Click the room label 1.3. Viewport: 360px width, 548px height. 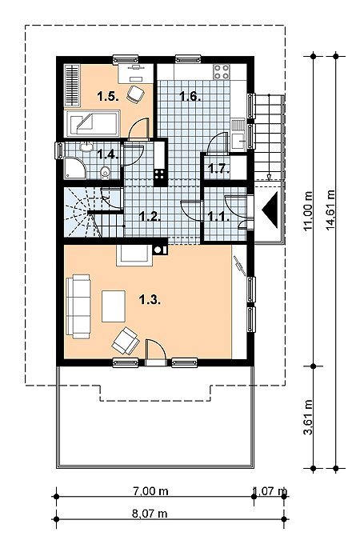[150, 300]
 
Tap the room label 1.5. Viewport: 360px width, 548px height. [108, 96]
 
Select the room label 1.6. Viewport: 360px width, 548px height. [190, 96]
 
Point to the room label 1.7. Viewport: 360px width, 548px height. [218, 169]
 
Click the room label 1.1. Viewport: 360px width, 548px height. [218, 216]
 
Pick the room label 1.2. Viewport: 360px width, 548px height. [150, 216]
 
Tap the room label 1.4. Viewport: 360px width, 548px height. [108, 154]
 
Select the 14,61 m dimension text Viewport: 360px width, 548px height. [330, 210]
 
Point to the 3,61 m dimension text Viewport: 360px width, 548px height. [308, 418]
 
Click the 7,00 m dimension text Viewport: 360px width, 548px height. [150, 491]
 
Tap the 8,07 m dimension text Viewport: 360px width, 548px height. [150, 514]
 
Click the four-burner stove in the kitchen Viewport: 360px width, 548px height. [222, 72]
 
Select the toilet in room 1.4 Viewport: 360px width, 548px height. [105, 173]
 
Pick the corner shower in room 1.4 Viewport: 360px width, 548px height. [74, 169]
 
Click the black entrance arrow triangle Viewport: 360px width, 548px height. [271, 210]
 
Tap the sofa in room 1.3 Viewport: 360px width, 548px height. [78, 306]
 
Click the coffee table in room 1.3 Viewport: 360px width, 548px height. [114, 306]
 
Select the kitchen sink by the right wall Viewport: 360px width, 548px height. [238, 134]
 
